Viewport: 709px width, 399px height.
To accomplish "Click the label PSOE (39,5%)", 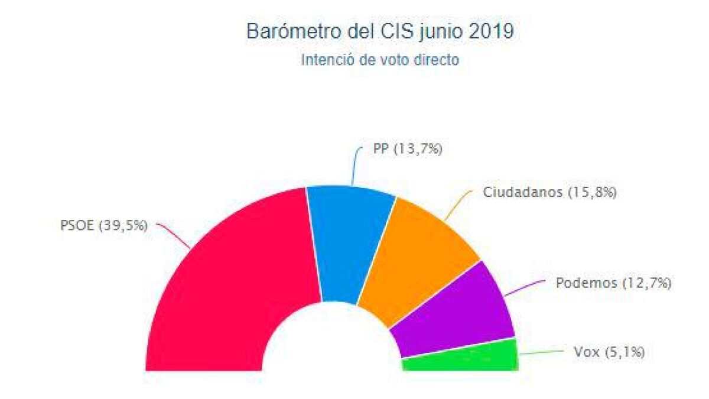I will [103, 225].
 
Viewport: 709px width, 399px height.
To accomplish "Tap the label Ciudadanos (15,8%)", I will [549, 193].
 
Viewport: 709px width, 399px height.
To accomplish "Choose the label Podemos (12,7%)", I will [613, 283].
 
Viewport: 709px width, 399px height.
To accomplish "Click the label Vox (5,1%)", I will [609, 353].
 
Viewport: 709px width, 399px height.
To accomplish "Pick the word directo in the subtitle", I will [436, 60].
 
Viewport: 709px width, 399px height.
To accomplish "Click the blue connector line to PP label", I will [354, 166].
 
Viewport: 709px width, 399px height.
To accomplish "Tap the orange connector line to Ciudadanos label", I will [458, 204].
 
